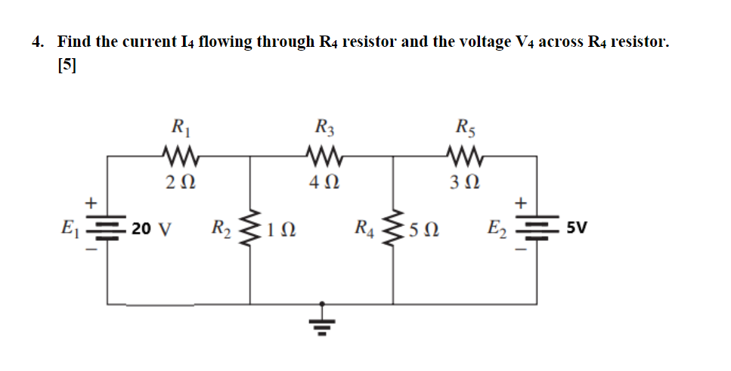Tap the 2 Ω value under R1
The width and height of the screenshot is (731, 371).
pos(180,181)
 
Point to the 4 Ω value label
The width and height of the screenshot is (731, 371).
pos(324,181)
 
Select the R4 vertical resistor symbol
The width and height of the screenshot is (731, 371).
pos(393,228)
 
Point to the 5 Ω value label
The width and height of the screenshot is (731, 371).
pos(422,229)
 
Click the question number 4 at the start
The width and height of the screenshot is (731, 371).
pos(36,42)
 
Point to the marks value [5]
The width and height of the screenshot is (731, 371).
pos(67,66)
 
